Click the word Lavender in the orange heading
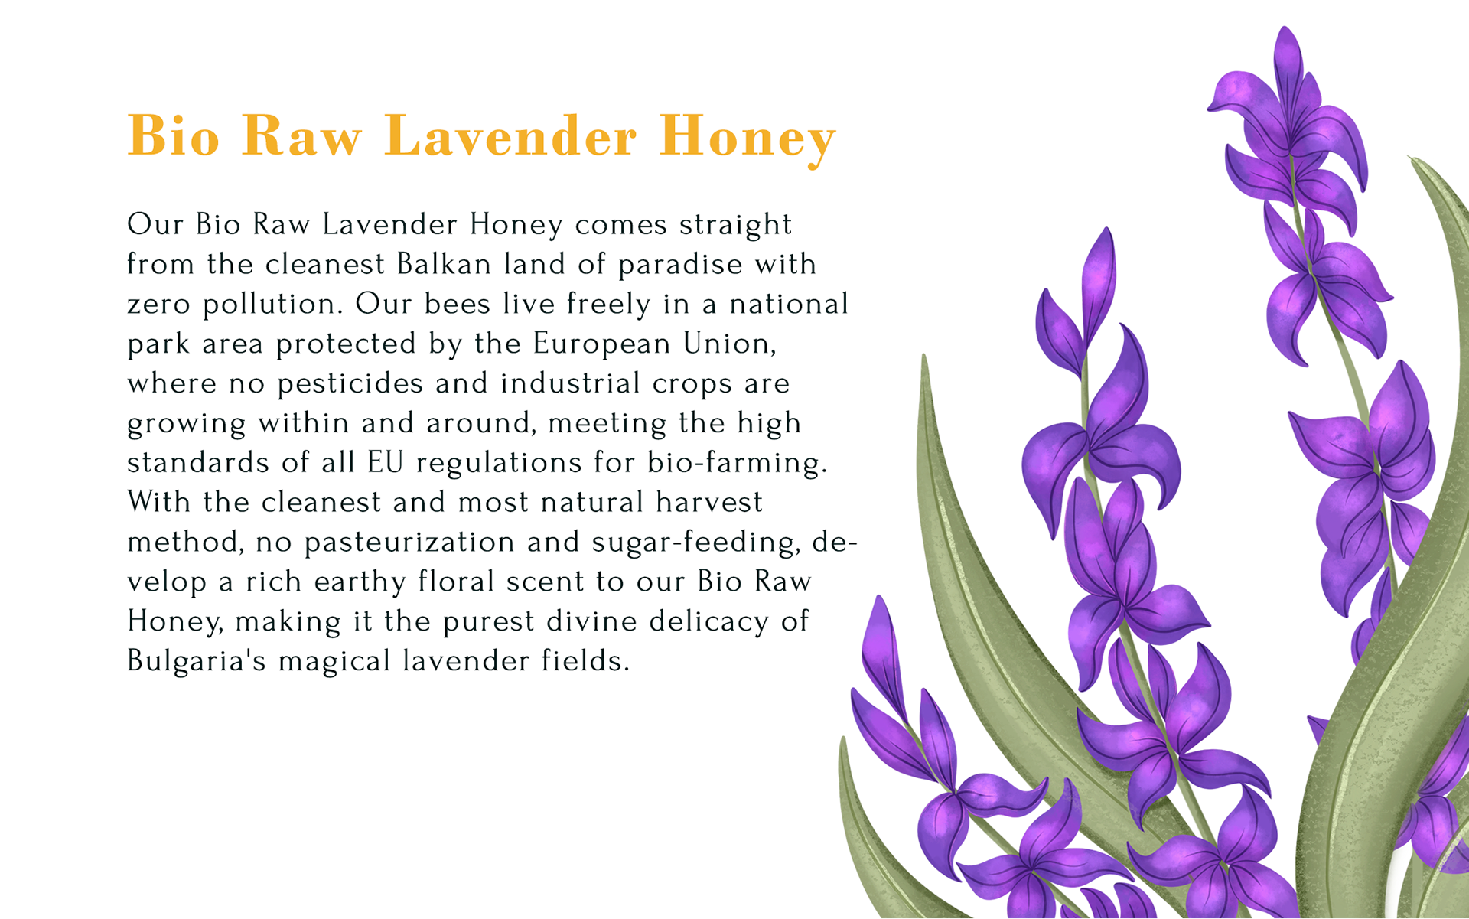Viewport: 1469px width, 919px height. point(510,136)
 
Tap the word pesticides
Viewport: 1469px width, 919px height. point(350,384)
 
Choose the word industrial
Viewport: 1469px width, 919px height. point(570,383)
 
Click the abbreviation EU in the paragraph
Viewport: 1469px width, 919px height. point(385,463)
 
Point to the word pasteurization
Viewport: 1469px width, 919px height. point(409,543)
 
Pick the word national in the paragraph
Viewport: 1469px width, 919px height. point(789,304)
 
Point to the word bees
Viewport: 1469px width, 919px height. point(458,304)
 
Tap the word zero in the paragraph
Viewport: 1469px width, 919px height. point(158,305)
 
